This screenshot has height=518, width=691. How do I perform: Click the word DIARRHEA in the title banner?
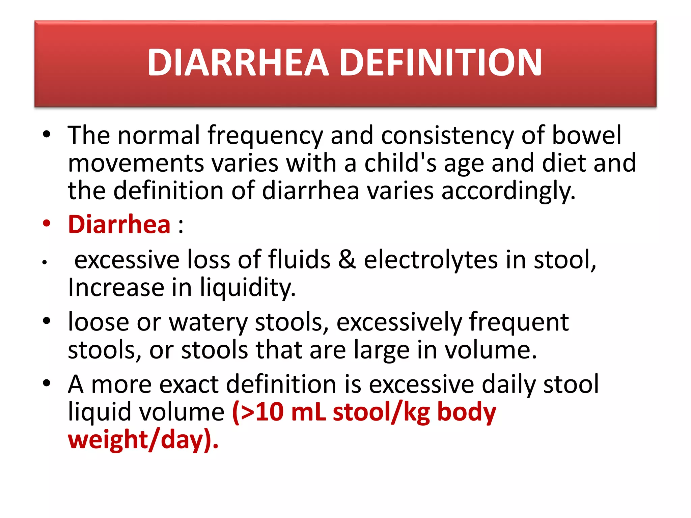point(238,63)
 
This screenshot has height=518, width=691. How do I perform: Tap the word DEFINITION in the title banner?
point(440,63)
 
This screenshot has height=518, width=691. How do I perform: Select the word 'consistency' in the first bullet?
point(447,136)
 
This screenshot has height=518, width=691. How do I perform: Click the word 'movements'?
point(136,164)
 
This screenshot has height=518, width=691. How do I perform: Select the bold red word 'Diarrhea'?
point(119,225)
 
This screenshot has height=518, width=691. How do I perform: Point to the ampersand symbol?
point(347,260)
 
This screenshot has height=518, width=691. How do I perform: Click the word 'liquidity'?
point(248,288)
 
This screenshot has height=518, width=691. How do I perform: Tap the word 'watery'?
point(208,322)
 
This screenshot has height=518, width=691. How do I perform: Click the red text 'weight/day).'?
point(143,440)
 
